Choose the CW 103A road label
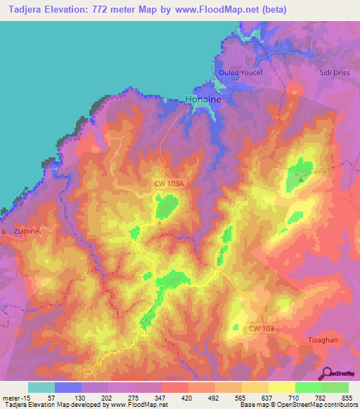169,183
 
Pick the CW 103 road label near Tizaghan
262,327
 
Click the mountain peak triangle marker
302,178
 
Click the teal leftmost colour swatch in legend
41,387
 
